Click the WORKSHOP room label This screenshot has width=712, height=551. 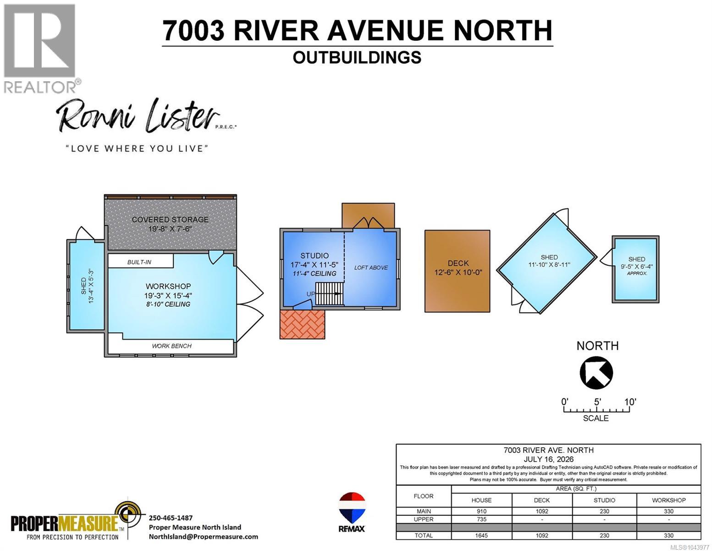(168, 286)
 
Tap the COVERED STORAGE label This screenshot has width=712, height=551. (170, 219)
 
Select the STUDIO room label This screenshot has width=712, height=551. (314, 256)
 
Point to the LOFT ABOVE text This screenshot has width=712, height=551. (371, 268)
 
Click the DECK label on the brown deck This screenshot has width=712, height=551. (458, 263)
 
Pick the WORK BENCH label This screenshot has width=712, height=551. (171, 346)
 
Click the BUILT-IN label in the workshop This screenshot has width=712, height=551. (139, 262)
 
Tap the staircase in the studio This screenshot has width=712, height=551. (329, 294)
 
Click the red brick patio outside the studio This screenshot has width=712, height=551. (302, 324)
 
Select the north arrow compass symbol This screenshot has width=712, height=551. (596, 373)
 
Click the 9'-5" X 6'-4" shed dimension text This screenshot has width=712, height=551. (637, 266)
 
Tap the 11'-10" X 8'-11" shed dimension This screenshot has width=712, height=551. (549, 264)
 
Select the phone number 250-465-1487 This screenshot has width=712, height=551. (171, 518)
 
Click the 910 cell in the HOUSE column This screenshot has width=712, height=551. (481, 512)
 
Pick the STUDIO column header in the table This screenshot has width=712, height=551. (604, 500)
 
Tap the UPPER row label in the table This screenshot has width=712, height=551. (424, 519)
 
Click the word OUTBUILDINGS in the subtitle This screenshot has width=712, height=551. (357, 57)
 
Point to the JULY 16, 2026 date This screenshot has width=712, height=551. (548, 460)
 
